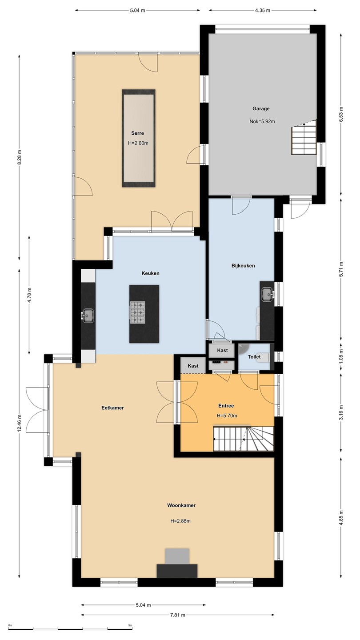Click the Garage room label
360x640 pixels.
pyautogui.click(x=261, y=108)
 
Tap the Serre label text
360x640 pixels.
pyautogui.click(x=137, y=133)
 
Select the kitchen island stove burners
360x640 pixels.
pyautogui.click(x=138, y=312)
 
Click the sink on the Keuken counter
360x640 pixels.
pyautogui.click(x=88, y=316)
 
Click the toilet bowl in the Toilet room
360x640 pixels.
pyautogui.click(x=263, y=357)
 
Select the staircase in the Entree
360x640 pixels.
pyautogui.click(x=244, y=439)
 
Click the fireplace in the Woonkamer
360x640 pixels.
pyautogui.click(x=177, y=563)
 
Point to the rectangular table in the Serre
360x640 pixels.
pyautogui.click(x=139, y=138)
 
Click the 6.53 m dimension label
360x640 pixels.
pyautogui.click(x=341, y=114)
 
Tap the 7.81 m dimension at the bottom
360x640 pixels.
pyautogui.click(x=177, y=615)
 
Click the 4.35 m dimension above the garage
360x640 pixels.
pyautogui.click(x=262, y=11)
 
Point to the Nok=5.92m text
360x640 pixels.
pyautogui.click(x=262, y=121)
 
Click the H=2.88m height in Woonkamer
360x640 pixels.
pyautogui.click(x=180, y=521)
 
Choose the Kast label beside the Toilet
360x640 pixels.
pyautogui.click(x=222, y=350)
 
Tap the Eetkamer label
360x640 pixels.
pyautogui.click(x=112, y=408)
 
